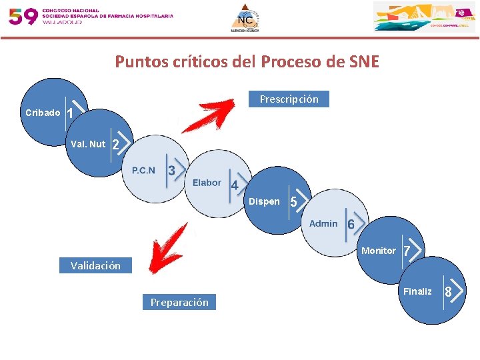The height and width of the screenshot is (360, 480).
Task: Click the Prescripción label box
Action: point(289,99)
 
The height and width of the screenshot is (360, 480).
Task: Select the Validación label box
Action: point(95,265)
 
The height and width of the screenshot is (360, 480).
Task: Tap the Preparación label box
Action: point(179,302)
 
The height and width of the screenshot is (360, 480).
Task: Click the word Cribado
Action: point(43,113)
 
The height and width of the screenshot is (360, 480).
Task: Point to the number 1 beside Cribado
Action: point(70,114)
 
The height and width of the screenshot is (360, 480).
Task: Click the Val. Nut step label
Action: point(88,144)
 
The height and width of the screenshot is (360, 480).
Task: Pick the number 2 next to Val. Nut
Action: point(115,145)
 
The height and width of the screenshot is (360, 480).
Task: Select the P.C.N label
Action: point(143,170)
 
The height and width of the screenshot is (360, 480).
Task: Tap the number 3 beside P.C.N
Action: point(171,171)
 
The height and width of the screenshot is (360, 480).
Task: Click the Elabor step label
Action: point(207,183)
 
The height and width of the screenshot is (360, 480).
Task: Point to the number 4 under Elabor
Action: point(234,185)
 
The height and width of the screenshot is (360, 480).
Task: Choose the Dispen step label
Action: point(264,201)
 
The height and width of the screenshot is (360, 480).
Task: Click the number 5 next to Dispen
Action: point(293,202)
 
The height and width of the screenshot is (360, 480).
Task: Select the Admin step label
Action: point(323,223)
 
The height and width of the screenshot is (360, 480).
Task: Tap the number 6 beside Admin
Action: point(351,225)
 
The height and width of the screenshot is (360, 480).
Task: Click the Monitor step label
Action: point(378,251)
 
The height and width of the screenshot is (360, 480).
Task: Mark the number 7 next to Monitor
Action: point(406,251)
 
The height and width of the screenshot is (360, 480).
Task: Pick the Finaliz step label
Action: point(417,291)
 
